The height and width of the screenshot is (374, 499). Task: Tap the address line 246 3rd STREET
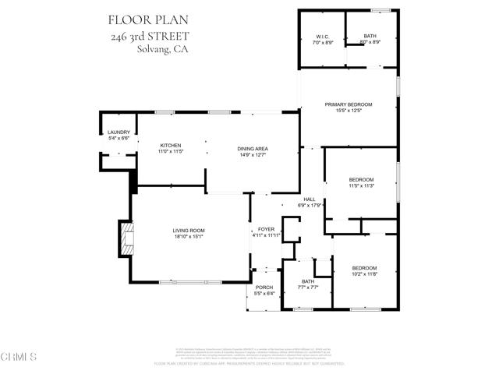pyautogui.click(x=149, y=35)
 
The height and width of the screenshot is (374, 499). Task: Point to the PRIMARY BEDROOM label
pyautogui.click(x=349, y=104)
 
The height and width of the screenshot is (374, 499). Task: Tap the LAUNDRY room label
pyautogui.click(x=118, y=132)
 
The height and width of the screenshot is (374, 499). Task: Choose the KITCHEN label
pyautogui.click(x=171, y=146)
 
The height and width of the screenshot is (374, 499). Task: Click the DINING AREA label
pyautogui.click(x=253, y=149)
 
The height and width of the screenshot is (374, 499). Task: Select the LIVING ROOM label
pyautogui.click(x=189, y=231)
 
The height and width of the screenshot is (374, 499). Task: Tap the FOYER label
pyautogui.click(x=266, y=229)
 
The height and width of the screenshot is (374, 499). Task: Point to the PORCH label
pyautogui.click(x=264, y=288)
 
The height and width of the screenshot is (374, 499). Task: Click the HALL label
pyautogui.click(x=310, y=199)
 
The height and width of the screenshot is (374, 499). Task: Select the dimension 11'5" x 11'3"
pyautogui.click(x=361, y=186)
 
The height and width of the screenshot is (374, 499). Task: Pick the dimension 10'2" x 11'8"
pyautogui.click(x=363, y=273)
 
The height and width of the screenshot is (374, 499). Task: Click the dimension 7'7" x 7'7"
pyautogui.click(x=308, y=288)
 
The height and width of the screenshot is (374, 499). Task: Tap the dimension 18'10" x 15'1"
pyautogui.click(x=189, y=237)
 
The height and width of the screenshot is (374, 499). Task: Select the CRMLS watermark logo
pyautogui.click(x=20, y=358)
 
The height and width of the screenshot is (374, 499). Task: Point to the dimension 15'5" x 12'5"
pyautogui.click(x=349, y=111)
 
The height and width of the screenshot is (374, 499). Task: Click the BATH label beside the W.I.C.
pyautogui.click(x=370, y=37)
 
